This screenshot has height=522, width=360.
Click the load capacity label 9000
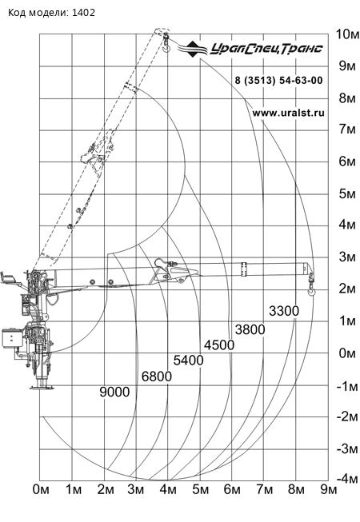pos(114,392)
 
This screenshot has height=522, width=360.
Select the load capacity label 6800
pos(157,377)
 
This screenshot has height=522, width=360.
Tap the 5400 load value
pos(189,361)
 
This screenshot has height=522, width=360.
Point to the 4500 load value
pos(219,345)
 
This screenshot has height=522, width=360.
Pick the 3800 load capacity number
pos(250,329)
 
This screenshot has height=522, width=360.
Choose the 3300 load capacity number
pos(284,311)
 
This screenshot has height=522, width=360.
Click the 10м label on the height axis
pos(347,34)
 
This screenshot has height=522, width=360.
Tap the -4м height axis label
pos(347,479)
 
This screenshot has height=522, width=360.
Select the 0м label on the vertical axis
pos(347,353)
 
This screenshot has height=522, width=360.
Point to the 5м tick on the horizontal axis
pos(201,490)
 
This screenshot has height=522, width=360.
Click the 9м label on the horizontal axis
pos(329,490)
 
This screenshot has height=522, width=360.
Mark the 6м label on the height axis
pos(347,161)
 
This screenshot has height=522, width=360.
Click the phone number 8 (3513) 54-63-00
pos(278,80)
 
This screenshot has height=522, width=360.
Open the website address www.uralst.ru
pos(288,113)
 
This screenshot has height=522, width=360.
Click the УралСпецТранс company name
pos(266,49)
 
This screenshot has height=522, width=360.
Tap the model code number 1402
pos(83,13)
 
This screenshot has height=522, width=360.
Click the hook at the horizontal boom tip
pos(311,290)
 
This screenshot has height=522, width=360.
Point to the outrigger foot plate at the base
pos(42,387)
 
